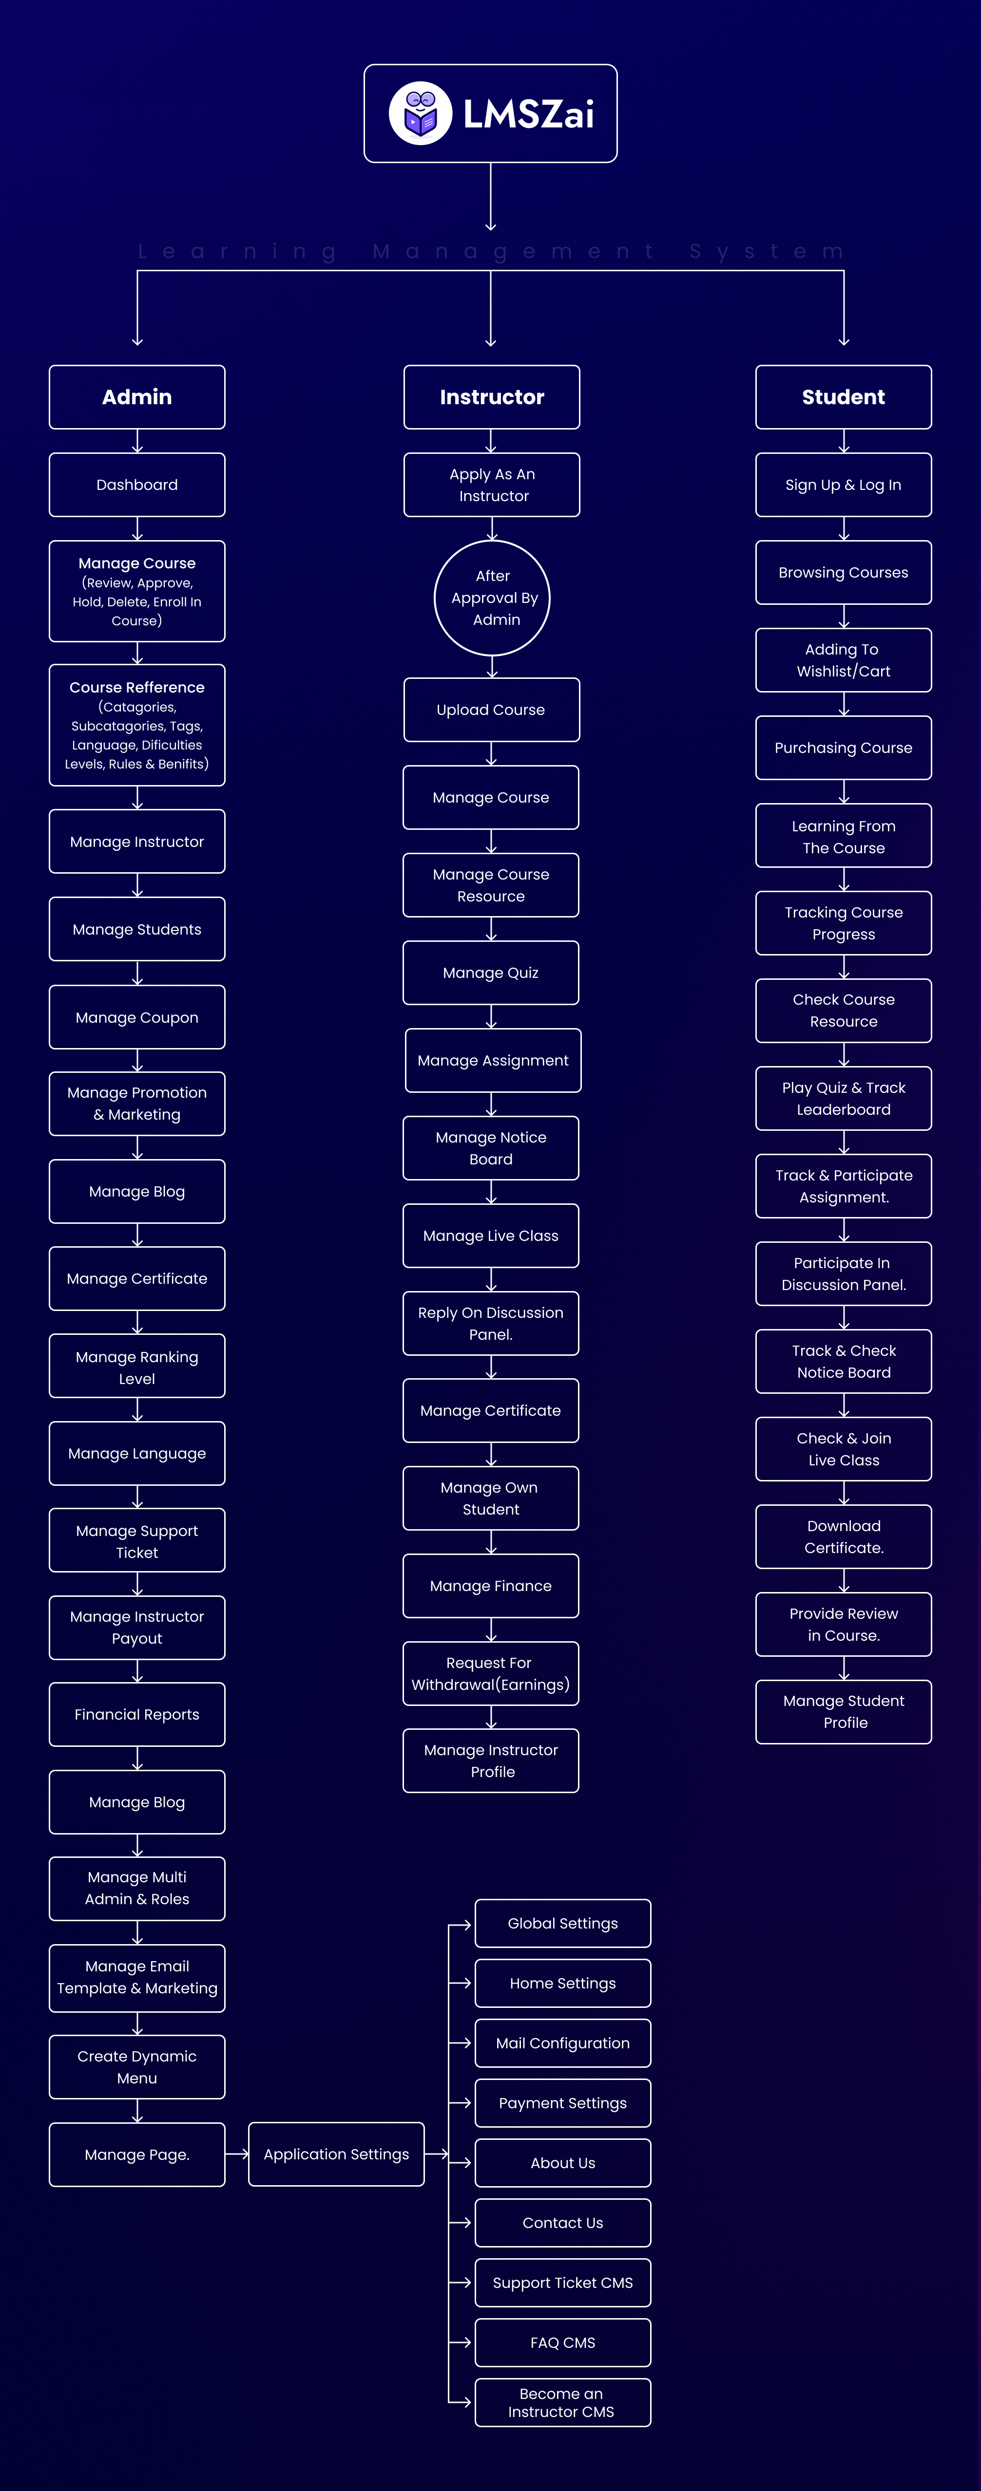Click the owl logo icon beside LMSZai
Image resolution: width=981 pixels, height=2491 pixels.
tap(420, 113)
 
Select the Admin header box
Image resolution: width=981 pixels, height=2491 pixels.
tap(137, 396)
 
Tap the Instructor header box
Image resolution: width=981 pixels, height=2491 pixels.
tap(491, 396)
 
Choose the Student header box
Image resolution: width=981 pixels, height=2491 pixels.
tap(844, 396)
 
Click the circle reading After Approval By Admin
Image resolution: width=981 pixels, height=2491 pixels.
tap(492, 598)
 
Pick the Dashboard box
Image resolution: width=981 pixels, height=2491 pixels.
tap(137, 485)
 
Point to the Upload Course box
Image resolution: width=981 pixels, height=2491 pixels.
tap(491, 710)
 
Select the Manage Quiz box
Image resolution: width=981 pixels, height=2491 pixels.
tap(491, 973)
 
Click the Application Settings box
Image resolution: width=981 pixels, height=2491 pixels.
tap(337, 2154)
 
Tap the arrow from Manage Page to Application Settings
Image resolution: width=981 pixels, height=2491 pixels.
tap(237, 2154)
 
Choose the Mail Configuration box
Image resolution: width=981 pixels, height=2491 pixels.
tap(563, 2043)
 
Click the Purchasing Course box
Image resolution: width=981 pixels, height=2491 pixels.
tap(844, 748)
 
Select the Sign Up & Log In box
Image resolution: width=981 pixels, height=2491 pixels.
tap(844, 485)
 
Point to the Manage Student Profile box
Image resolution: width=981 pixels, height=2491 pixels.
tap(844, 1712)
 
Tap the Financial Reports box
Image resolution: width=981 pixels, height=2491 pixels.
tap(137, 1715)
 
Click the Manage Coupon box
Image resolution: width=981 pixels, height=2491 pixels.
tap(137, 1017)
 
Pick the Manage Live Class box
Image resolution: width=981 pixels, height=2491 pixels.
tap(491, 1236)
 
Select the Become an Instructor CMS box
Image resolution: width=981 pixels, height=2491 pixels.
tap(563, 2402)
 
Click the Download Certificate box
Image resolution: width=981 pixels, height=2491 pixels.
tap(844, 1536)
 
